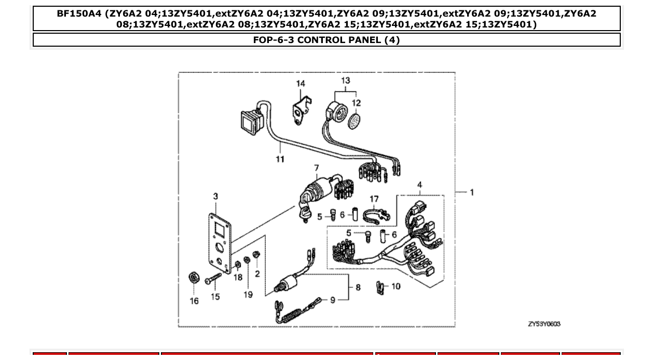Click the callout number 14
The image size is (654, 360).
click(301, 84)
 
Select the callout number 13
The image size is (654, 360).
click(346, 80)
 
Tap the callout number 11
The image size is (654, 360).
click(280, 159)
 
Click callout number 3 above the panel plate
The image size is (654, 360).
click(215, 196)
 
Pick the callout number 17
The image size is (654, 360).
click(374, 199)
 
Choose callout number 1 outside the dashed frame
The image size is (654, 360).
click(472, 192)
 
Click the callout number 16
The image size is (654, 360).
click(194, 301)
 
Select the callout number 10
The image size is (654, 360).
click(396, 286)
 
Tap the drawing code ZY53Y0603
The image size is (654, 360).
click(544, 324)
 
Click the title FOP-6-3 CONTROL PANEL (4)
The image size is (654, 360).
click(326, 40)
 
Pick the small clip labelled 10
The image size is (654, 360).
click(380, 286)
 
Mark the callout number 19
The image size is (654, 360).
click(248, 294)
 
